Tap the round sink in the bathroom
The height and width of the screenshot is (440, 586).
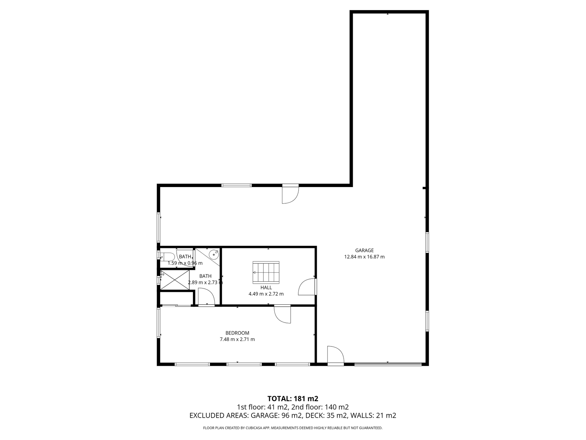pos(214,254)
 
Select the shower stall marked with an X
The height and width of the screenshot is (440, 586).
pos(175,280)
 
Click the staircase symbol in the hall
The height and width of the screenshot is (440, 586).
pos(266,272)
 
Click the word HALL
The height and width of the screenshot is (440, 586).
pos(266,288)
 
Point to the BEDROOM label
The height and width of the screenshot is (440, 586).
pos(237,333)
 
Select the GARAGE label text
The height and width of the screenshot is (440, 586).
pos(364,250)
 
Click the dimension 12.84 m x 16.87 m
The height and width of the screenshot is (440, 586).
pos(364,257)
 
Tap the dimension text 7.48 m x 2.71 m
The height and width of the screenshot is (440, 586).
pos(237,339)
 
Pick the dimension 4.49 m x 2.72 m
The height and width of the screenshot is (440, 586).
pos(266,294)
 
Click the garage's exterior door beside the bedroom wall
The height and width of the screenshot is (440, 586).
pos(335,356)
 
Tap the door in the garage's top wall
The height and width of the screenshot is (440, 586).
pos(290,194)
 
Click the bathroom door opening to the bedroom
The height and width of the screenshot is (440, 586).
pos(206,297)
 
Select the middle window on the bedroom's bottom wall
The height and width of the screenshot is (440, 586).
pos(244,364)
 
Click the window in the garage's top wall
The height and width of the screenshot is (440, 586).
pos(236,185)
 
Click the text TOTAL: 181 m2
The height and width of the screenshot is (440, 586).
pos(293,398)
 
